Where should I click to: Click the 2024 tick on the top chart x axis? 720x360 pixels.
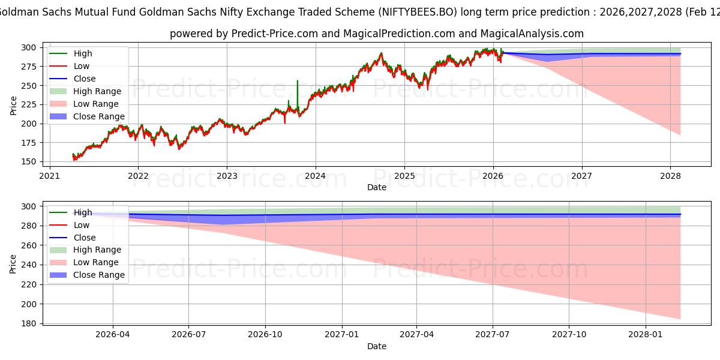[x=316, y=176]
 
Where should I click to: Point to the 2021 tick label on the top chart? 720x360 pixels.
[x=49, y=176]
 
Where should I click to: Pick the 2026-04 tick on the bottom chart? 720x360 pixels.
[x=113, y=335]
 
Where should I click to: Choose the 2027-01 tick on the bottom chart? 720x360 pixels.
[x=342, y=335]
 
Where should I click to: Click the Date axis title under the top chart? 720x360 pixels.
[x=377, y=187]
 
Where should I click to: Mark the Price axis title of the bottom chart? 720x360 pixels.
[x=13, y=263]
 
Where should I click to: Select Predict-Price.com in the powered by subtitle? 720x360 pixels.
[x=277, y=34]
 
